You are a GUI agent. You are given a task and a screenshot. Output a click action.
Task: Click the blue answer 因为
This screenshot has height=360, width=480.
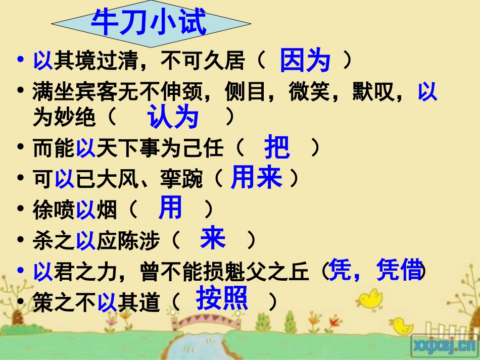coord(305,61)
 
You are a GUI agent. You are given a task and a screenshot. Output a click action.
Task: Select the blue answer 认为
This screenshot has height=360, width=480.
coord(173,118)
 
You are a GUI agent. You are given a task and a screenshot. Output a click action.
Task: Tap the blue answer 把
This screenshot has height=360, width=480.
coord(277,147)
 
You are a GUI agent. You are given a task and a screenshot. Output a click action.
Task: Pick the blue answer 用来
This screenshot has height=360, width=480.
coord(256,177)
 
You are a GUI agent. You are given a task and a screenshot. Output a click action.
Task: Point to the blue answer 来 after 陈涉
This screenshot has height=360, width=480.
coord(213,238)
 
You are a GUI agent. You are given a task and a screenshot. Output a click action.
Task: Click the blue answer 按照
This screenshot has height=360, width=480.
coord(222,298)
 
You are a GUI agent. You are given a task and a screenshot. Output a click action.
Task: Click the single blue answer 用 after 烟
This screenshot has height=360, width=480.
coord(170,208)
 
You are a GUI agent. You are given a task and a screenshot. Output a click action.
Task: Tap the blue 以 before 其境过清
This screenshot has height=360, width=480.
coord(43,62)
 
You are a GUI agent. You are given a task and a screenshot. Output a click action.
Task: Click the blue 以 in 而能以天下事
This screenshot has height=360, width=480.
coord(85,149)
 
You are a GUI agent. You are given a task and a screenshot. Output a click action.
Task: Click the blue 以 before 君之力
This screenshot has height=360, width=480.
coord(43,272)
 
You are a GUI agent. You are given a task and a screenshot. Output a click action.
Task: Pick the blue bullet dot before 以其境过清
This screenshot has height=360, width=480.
coord(20,61)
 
